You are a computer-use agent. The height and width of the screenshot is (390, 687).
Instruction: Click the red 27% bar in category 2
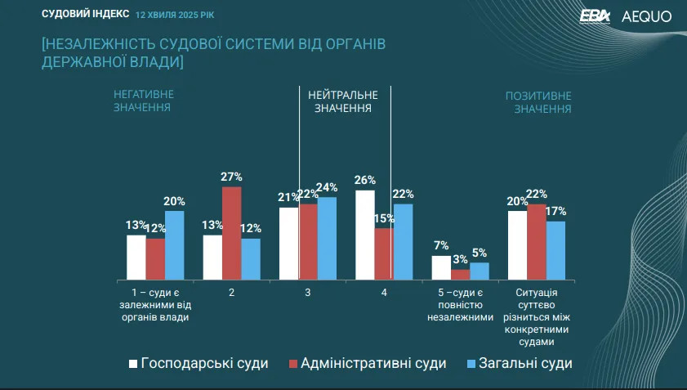click(231, 233)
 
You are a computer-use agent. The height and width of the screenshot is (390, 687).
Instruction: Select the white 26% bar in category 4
click(365, 235)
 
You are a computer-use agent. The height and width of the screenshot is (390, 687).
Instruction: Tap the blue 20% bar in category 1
click(174, 245)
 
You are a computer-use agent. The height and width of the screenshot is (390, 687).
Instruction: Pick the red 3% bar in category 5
click(461, 275)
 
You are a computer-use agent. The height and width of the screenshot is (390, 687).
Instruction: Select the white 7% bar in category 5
click(441, 268)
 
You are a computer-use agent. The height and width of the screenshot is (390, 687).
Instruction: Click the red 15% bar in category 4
click(384, 254)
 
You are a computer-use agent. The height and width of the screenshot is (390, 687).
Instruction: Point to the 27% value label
click(231, 177)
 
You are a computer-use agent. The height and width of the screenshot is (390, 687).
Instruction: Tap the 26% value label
click(365, 180)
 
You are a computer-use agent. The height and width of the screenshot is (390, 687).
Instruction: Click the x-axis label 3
click(307, 292)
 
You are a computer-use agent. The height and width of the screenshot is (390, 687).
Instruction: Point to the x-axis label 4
click(384, 292)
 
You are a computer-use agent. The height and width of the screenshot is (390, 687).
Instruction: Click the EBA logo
click(595, 16)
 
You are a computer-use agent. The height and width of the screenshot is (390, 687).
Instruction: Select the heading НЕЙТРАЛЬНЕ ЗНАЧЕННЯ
click(343, 101)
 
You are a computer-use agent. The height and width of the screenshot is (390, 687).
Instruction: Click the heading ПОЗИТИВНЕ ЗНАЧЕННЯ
click(538, 101)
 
